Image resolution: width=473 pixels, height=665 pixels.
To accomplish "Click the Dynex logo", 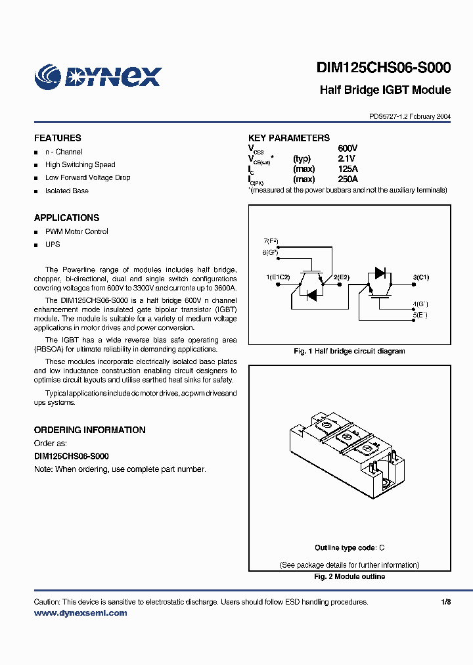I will [x=98, y=76].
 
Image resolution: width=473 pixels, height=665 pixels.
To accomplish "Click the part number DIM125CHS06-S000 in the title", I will [x=383, y=68].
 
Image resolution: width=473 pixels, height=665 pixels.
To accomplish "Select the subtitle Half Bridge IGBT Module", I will [x=385, y=90].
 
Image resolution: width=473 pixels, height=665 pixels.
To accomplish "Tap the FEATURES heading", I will [x=58, y=138].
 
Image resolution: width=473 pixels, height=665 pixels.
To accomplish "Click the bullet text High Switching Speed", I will [x=80, y=165].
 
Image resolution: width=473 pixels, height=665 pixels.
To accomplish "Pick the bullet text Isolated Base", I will [x=66, y=191].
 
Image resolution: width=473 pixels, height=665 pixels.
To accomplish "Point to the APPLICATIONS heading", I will [x=66, y=218].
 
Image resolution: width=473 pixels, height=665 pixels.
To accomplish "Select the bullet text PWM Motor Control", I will [x=76, y=231].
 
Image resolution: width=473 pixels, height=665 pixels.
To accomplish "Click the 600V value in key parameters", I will [x=348, y=149].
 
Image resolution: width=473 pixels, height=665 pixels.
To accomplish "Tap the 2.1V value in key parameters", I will [x=346, y=158].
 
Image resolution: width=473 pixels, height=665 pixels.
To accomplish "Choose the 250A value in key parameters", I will [x=348, y=179].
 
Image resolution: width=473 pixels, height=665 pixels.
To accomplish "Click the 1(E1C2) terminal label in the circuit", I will [x=279, y=277].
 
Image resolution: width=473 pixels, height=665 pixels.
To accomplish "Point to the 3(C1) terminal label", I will [x=420, y=277].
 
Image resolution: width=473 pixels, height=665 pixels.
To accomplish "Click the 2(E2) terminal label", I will [x=342, y=277].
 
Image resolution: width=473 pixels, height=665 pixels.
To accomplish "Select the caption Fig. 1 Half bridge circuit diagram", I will [x=349, y=351].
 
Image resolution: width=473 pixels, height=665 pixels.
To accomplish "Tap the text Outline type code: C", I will [x=349, y=548].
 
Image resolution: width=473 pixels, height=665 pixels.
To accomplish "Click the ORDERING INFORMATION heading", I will [x=89, y=430].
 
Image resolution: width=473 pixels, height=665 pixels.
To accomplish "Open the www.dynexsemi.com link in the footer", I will [x=80, y=613].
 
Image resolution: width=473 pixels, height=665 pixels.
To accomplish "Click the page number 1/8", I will [x=446, y=602].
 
